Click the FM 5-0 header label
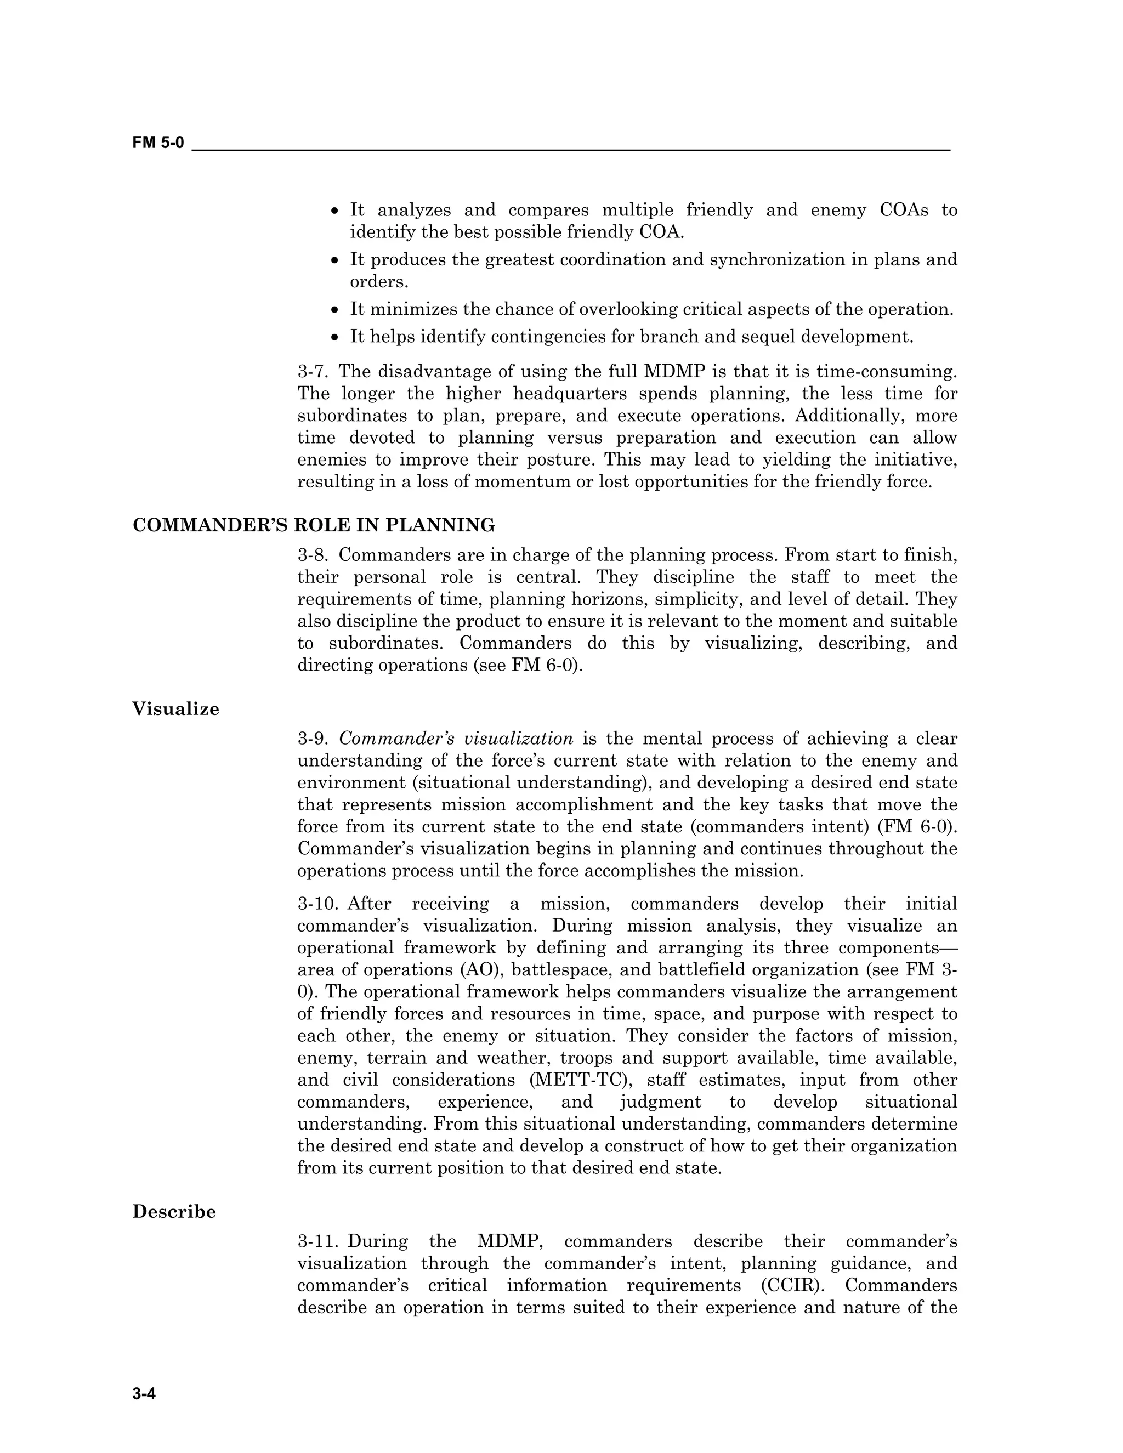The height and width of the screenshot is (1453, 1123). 158,143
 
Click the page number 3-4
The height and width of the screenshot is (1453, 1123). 144,1394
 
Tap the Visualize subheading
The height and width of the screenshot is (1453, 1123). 175,708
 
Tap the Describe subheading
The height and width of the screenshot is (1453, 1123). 174,1212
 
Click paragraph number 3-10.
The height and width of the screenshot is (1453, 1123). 317,904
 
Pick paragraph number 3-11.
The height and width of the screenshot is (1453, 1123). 317,1241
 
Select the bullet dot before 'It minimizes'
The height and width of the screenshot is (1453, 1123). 335,310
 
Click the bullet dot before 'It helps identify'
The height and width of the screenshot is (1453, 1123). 335,337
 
